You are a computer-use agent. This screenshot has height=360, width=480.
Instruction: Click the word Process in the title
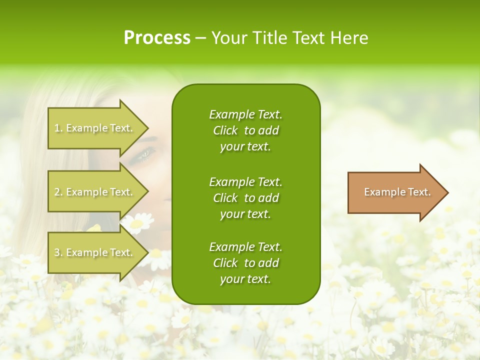tap(157, 38)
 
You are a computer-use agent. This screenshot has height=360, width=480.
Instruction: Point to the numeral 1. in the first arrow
tap(58, 128)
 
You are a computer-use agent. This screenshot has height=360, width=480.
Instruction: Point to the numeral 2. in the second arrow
tap(58, 192)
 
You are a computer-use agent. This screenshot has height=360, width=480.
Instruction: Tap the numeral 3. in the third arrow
tap(58, 252)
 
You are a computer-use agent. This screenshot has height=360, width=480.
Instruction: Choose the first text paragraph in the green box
tap(245, 130)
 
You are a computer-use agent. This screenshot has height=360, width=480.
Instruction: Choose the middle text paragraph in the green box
tap(245, 198)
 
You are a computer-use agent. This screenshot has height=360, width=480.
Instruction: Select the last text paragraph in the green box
tap(245, 263)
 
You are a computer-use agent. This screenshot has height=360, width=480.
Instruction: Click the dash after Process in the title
tap(200, 38)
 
